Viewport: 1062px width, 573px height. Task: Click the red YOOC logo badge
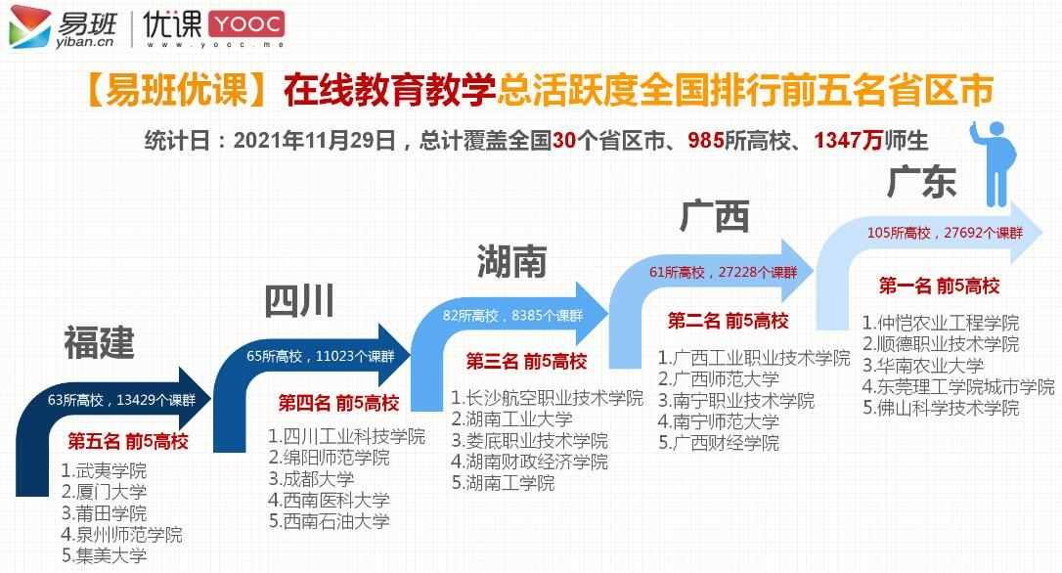(245, 24)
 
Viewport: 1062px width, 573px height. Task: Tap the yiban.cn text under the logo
(85, 42)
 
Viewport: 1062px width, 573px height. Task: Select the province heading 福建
(99, 342)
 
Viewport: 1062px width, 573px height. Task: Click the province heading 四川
(298, 301)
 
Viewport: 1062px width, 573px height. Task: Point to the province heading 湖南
(512, 261)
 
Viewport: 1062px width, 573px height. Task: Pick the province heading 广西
(715, 216)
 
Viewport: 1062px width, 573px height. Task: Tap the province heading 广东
(921, 182)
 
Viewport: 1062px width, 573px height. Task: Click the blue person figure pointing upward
(993, 163)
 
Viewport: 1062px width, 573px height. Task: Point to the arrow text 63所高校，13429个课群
(121, 400)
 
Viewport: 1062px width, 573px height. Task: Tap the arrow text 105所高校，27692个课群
(945, 233)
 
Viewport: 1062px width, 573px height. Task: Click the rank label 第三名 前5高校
(526, 362)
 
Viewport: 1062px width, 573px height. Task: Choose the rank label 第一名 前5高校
(939, 286)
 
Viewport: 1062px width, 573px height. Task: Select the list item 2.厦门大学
(104, 492)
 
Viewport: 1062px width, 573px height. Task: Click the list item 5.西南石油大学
(330, 521)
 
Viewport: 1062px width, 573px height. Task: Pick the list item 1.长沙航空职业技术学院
(548, 398)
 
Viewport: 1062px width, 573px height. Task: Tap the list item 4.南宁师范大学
(718, 421)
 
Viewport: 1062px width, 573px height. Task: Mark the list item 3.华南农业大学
(923, 365)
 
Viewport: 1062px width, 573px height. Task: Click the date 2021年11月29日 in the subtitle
(315, 140)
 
